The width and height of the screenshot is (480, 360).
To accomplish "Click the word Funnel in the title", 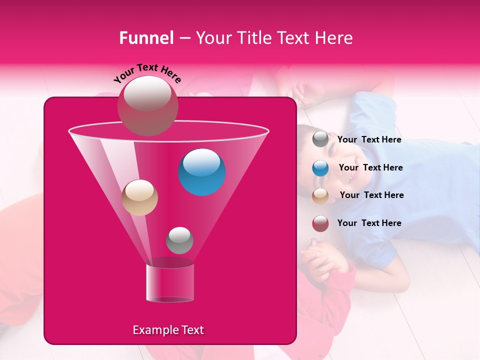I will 146,38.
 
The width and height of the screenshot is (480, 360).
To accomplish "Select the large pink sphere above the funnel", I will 147,105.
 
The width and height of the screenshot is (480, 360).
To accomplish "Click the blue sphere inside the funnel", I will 202,172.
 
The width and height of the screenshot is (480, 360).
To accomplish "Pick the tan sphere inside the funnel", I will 139,197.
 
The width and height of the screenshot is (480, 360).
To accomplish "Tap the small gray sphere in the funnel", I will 179,240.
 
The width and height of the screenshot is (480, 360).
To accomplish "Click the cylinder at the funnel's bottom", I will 169,282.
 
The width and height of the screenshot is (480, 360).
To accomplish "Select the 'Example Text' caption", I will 168,330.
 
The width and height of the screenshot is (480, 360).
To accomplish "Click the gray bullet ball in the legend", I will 320,139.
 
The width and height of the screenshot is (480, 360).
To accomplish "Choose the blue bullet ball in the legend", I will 320,167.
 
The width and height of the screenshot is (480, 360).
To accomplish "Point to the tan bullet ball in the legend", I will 320,195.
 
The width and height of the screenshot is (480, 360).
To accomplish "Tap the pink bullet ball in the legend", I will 320,223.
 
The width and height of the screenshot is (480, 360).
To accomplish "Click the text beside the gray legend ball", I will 369,140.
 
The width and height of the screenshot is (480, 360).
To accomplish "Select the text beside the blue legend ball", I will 370,168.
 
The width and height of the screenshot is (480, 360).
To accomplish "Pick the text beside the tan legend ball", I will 371,195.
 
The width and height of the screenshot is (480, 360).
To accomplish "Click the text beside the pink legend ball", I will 369,223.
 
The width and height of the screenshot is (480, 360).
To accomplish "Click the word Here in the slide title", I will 334,38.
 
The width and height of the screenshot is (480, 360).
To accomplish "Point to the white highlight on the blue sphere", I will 201,161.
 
